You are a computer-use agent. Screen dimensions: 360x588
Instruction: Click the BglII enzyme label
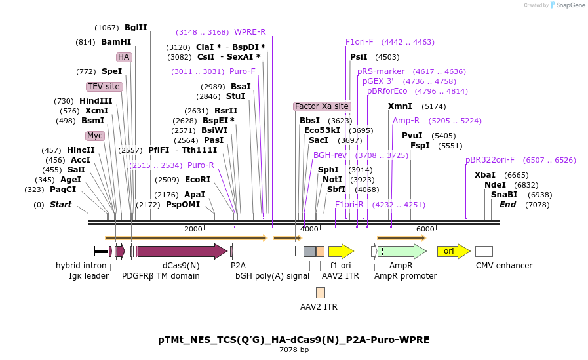click(136, 28)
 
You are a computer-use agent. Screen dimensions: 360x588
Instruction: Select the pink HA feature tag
click(124, 57)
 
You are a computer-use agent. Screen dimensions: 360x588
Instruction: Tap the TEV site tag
click(104, 87)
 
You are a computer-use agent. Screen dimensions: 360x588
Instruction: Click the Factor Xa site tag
click(322, 106)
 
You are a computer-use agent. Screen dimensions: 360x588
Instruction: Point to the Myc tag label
click(95, 136)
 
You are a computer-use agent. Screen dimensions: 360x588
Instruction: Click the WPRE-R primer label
click(250, 32)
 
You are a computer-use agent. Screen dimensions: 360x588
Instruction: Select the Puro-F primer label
click(243, 71)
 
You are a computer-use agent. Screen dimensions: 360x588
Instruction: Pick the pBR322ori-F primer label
click(490, 160)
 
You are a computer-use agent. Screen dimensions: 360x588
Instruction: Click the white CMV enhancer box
click(484, 251)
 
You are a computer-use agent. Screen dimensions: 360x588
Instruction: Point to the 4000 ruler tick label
click(309, 229)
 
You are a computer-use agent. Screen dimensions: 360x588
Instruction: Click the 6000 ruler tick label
click(425, 229)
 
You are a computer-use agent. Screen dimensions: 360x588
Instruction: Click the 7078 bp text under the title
click(294, 350)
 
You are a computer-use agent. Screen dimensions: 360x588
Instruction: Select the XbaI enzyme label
click(485, 175)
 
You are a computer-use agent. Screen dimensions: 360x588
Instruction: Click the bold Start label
click(61, 205)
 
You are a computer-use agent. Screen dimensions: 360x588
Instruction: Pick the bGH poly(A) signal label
click(272, 276)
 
